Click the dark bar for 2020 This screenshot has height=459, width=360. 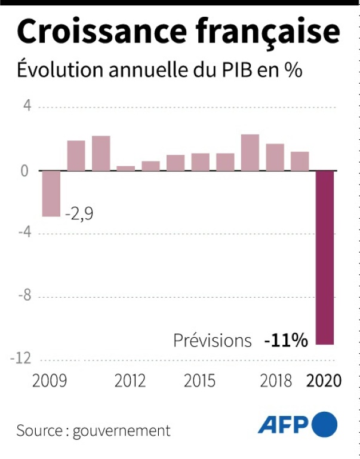pos(324,257)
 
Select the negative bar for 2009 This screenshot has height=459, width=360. pos(51,193)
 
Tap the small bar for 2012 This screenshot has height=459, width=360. pos(125,168)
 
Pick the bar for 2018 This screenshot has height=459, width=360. pos(275,157)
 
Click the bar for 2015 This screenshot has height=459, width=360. pos(200,161)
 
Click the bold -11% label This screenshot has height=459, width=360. pos(286,341)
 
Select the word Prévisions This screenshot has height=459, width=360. pos(213,341)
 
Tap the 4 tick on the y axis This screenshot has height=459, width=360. pos(26,107)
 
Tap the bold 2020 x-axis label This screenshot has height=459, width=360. pos(323,381)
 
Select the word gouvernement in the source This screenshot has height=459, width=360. pos(122,431)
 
